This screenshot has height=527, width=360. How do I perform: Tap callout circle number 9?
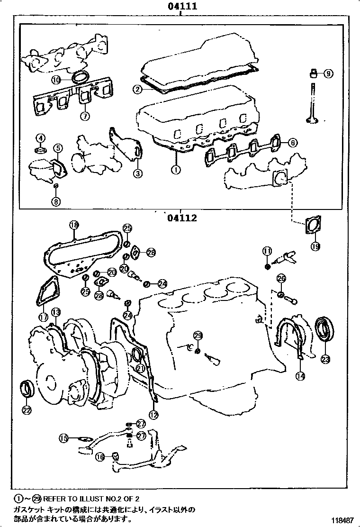(x=328, y=73)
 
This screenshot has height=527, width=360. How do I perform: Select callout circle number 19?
(x=315, y=246)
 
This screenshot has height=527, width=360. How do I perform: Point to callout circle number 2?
(x=137, y=89)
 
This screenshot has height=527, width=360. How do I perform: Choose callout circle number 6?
(x=293, y=142)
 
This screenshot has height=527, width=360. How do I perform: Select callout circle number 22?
(x=27, y=409)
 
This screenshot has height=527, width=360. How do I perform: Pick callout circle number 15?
(x=63, y=438)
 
